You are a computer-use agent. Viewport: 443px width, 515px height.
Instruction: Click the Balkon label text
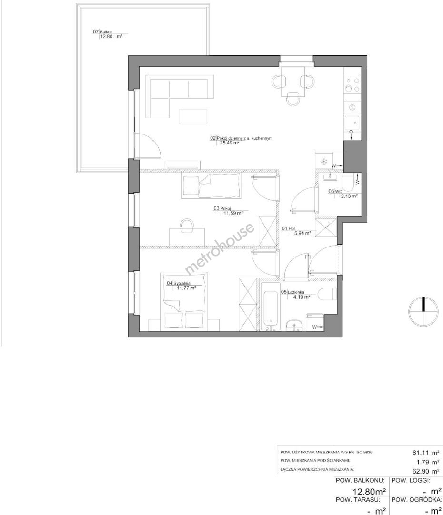coord(106,32)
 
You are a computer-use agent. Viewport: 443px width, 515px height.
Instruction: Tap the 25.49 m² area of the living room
coord(229,143)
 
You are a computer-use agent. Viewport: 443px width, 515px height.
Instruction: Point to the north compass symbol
coord(423,311)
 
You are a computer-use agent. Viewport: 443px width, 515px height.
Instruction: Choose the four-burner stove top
coord(352,84)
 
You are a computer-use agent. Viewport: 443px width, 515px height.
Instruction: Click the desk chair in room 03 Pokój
coord(187,226)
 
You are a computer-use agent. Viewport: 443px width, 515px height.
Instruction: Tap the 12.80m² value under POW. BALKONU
coord(369,492)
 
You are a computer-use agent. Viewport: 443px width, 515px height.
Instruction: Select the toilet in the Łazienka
coord(328,294)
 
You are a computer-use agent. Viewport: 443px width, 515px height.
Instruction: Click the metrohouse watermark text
coord(220,248)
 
